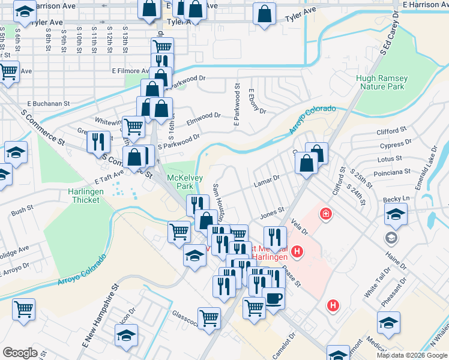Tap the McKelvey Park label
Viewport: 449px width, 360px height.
(184, 182)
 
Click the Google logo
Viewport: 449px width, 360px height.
(20, 352)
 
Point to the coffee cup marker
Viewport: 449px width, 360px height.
(274, 299)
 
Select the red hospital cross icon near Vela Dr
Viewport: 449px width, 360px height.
(326, 214)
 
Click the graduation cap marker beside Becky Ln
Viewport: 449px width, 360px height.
(396, 214)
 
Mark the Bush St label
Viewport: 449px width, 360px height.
(22, 210)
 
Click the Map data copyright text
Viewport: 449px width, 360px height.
(411, 355)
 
